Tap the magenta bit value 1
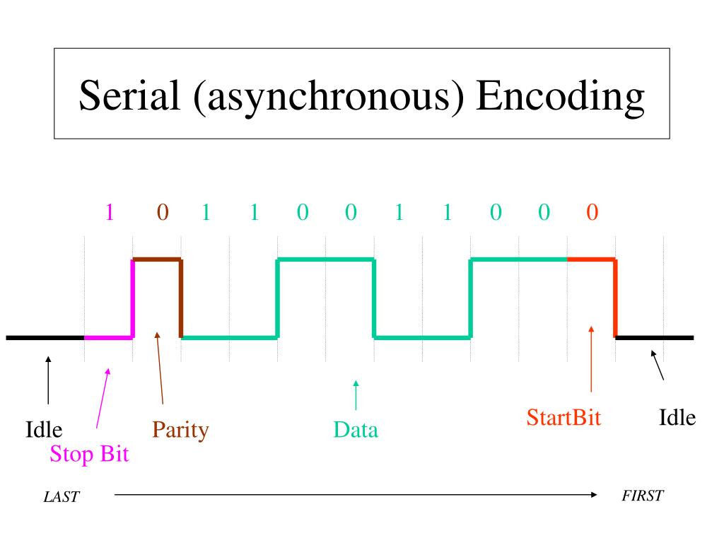(x=110, y=213)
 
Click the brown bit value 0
(x=162, y=213)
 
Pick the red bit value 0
(x=592, y=213)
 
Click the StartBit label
(x=564, y=417)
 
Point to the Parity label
(x=180, y=430)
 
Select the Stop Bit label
(x=89, y=453)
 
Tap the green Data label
(x=356, y=430)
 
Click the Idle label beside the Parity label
(x=44, y=430)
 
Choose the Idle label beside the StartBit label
(x=677, y=417)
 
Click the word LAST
(x=62, y=497)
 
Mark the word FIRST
(x=642, y=495)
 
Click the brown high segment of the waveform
(x=157, y=259)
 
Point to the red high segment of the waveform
(x=591, y=259)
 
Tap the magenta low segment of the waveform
(x=108, y=337)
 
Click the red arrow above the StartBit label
(x=591, y=361)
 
